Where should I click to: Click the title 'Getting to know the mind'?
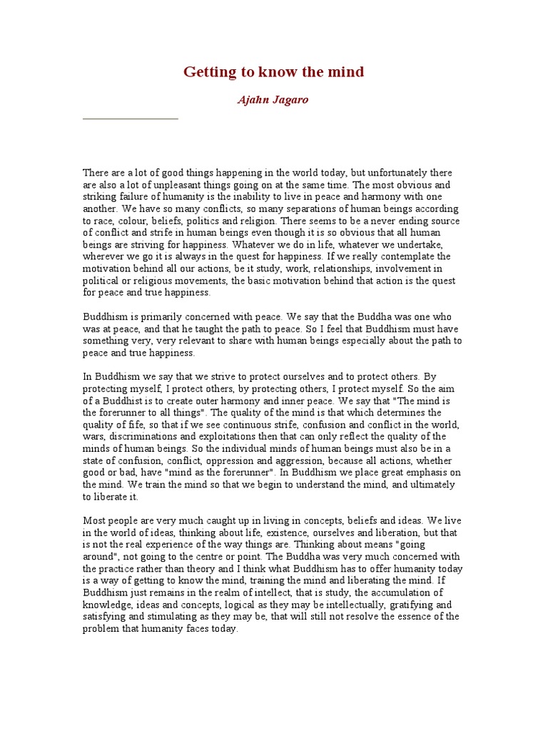(274, 72)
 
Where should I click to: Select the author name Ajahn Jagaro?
(273, 100)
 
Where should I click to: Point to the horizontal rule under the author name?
(131, 119)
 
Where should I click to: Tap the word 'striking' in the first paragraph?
(99, 196)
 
